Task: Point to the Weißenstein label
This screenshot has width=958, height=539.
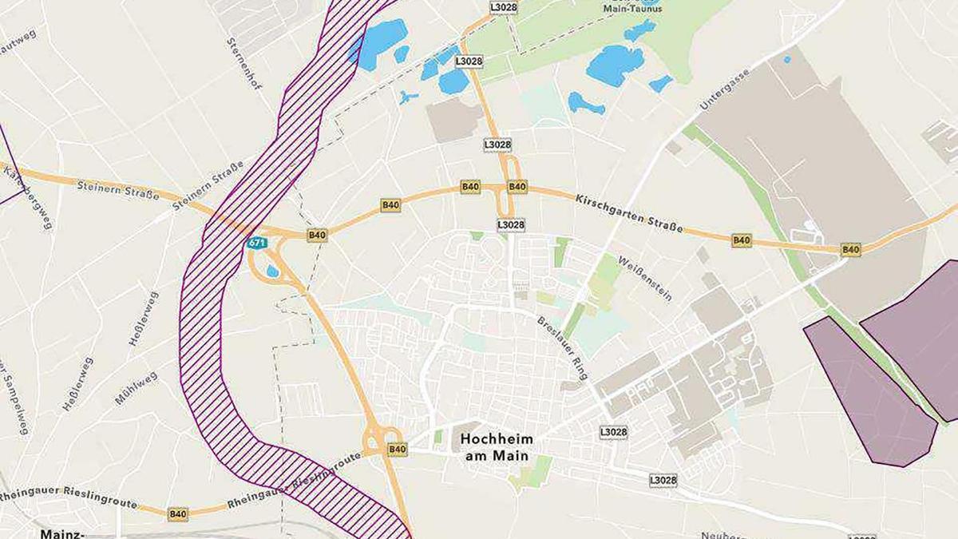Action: (x=645, y=278)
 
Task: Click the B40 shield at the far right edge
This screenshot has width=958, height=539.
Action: (x=851, y=250)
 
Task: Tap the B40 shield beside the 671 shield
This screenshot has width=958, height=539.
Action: (x=317, y=235)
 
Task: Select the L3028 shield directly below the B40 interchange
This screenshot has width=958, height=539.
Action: (x=511, y=225)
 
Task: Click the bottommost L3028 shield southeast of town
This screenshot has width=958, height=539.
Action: (x=663, y=481)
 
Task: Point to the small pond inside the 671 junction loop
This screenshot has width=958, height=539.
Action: (x=273, y=271)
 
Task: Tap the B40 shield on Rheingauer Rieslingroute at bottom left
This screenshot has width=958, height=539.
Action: (x=177, y=514)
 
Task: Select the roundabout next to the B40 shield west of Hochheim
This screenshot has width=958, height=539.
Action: (x=373, y=438)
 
